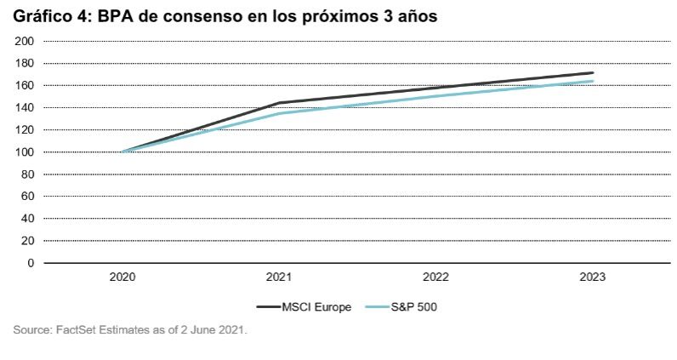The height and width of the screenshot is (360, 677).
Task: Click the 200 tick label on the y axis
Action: coord(24,41)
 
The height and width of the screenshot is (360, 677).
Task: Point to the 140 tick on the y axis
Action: coord(24,107)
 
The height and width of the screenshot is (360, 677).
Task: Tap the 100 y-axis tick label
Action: coord(24,151)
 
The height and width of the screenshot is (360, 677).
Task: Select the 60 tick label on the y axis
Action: coord(26,196)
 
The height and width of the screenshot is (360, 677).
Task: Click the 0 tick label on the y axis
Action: coord(30,262)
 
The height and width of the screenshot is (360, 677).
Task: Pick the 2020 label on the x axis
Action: coord(122,277)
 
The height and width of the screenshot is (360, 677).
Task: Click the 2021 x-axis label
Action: coord(279,277)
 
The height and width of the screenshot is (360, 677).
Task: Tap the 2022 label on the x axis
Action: coord(435,277)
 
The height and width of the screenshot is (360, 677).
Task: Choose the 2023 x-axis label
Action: coord(592,277)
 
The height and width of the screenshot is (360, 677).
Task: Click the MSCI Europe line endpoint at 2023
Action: coord(592,73)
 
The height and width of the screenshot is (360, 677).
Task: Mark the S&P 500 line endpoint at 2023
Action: coord(592,82)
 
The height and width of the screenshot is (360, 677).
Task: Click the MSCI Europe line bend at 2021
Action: coord(279,103)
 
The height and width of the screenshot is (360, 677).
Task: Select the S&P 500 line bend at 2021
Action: coord(279,113)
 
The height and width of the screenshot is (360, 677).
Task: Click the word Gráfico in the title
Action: coord(40,16)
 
